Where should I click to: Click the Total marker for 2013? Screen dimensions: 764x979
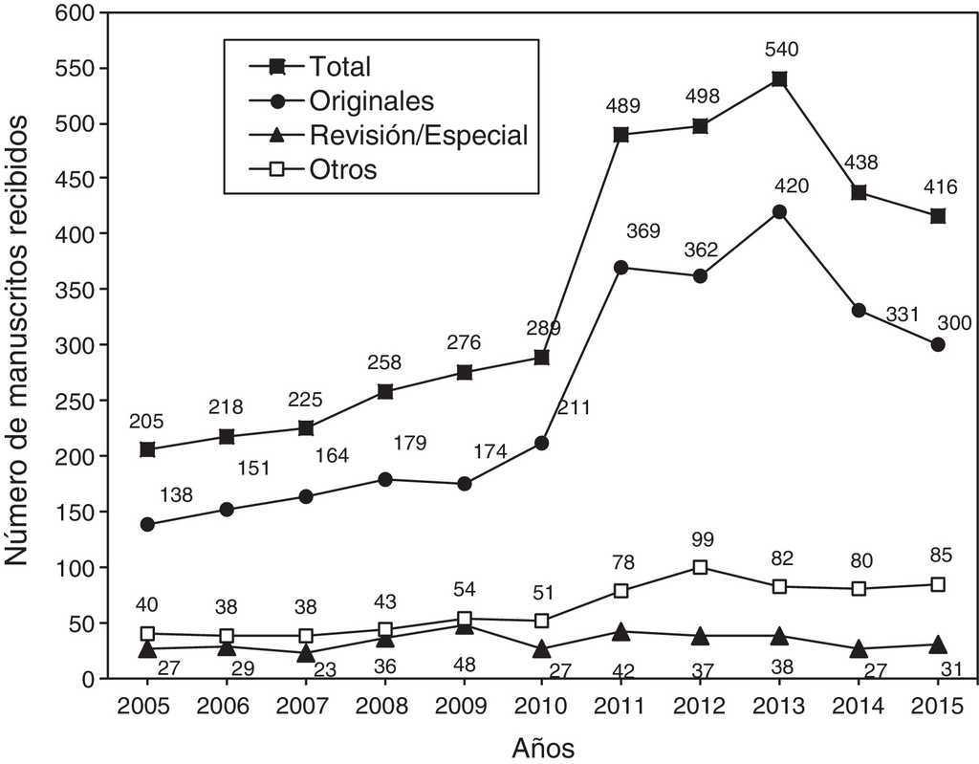779,79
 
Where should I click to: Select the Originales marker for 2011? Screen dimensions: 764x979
621,268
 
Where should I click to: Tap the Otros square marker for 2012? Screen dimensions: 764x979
701,567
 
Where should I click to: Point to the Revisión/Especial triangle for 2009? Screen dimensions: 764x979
464,625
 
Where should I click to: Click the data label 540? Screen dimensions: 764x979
780,49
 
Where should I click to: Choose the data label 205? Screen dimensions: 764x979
148,421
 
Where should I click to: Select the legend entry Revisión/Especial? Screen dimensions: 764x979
418,135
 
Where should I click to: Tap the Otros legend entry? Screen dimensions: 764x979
342,169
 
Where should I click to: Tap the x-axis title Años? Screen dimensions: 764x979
542,746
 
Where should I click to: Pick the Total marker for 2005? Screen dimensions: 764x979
148,449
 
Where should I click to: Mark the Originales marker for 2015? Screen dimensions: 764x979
938,345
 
